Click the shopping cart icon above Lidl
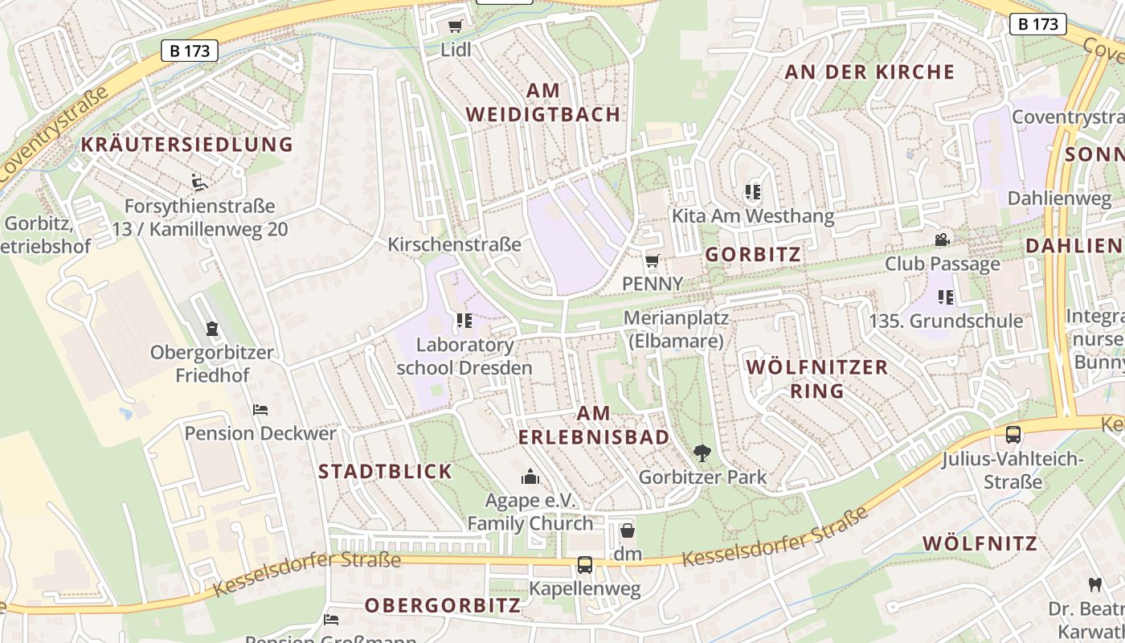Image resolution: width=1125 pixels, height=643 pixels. point(456,27)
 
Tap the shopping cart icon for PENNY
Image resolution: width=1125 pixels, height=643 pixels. point(652,260)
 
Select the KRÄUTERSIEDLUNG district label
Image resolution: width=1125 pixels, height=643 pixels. point(187,145)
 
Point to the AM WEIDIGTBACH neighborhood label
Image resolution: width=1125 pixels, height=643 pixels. point(543,102)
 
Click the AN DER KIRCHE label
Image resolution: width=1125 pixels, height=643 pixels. point(869,72)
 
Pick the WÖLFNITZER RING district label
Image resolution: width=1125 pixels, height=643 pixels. point(817,379)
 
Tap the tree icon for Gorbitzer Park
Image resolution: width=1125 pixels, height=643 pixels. point(702,453)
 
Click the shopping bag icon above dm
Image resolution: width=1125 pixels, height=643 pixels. point(628,530)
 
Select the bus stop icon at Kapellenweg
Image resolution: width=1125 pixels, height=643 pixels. point(585,565)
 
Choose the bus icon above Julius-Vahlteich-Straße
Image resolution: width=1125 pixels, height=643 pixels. point(1013,435)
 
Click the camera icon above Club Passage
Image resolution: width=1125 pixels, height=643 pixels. point(942,240)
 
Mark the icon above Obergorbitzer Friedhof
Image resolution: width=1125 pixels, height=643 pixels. point(212,329)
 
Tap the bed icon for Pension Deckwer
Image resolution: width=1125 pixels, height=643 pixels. point(260,410)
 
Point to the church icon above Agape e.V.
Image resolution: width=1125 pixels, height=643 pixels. point(530,477)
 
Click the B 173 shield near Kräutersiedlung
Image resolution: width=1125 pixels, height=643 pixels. point(190,51)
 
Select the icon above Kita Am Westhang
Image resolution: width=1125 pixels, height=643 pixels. point(753,192)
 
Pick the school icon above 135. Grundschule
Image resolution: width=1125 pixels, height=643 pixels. point(946,297)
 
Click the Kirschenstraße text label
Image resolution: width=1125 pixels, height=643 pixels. point(455,244)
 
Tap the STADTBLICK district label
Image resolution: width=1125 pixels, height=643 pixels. point(386,472)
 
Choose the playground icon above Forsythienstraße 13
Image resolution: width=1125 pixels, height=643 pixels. point(199,182)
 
